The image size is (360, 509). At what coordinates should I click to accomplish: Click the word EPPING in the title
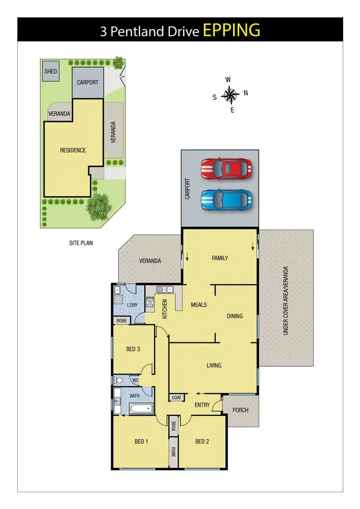click(x=232, y=30)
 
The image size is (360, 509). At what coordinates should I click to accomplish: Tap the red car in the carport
click(x=226, y=169)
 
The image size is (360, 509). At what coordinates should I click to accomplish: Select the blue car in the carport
click(x=226, y=199)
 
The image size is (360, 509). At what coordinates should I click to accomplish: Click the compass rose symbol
click(x=231, y=95)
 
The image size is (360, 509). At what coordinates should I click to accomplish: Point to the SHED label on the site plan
click(x=50, y=72)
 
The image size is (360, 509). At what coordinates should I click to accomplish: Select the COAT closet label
click(x=176, y=398)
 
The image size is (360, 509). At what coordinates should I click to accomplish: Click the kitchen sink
click(x=164, y=290)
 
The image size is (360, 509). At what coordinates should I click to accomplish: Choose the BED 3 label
click(x=133, y=349)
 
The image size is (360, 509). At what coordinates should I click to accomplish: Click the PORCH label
click(x=240, y=410)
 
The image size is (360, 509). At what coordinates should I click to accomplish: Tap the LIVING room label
click(x=214, y=365)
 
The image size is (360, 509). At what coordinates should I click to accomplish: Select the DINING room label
click(x=235, y=316)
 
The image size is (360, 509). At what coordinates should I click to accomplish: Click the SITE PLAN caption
click(x=81, y=243)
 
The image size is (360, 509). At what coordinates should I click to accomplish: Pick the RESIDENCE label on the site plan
click(x=73, y=150)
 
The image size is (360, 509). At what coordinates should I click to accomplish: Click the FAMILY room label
click(x=220, y=258)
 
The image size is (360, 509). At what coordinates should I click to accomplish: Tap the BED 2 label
click(x=202, y=441)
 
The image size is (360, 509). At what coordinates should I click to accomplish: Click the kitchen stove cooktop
click(x=150, y=302)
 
